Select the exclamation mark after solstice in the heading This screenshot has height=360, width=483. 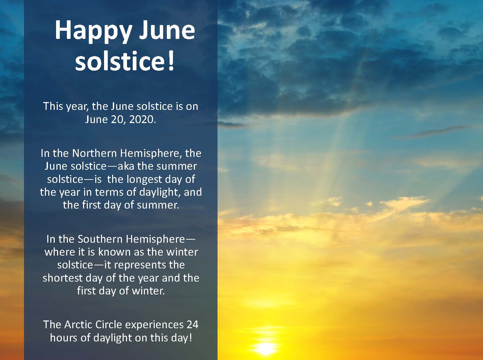coord(171,61)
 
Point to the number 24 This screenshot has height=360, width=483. coord(193,325)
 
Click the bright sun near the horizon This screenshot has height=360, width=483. coord(265,349)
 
